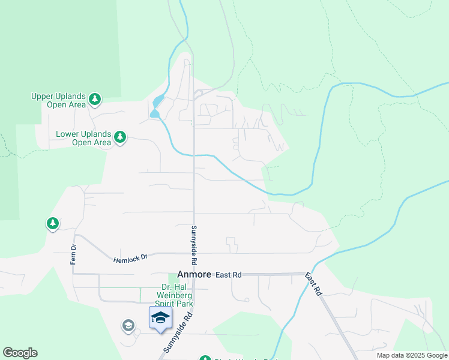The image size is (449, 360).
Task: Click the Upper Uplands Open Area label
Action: (58, 100)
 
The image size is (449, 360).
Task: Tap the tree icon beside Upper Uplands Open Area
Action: (94, 99)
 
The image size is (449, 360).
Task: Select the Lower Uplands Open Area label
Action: (83, 138)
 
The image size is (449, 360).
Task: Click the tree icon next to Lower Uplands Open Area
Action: (120, 137)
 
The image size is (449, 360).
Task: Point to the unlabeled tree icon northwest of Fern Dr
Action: (53, 224)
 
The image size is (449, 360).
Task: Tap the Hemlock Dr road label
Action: (130, 257)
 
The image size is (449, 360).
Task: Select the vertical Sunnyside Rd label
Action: (194, 245)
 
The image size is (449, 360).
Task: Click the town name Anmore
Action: (194, 274)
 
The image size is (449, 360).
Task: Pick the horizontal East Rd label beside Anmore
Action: (229, 274)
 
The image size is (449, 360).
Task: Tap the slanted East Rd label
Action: (312, 284)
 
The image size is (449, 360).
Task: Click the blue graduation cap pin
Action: (160, 317)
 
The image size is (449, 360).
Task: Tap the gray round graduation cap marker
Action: (128, 326)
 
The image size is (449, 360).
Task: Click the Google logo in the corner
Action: (20, 353)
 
